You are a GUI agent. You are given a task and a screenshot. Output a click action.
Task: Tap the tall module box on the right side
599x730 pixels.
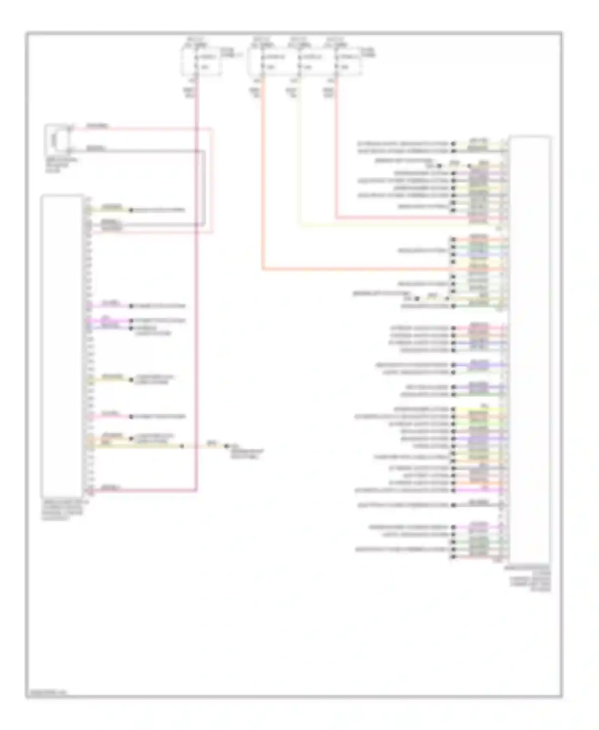click(x=530, y=349)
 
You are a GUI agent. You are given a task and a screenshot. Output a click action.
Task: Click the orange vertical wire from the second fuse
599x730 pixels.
click(x=263, y=180)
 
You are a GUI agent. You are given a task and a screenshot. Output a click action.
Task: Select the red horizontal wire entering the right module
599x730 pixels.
click(x=399, y=218)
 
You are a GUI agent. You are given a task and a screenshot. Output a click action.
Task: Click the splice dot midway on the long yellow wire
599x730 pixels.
click(x=182, y=446)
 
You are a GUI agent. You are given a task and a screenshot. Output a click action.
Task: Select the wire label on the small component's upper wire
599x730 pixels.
click(x=97, y=126)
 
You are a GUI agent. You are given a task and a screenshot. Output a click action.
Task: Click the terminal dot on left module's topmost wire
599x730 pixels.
click(x=131, y=210)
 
